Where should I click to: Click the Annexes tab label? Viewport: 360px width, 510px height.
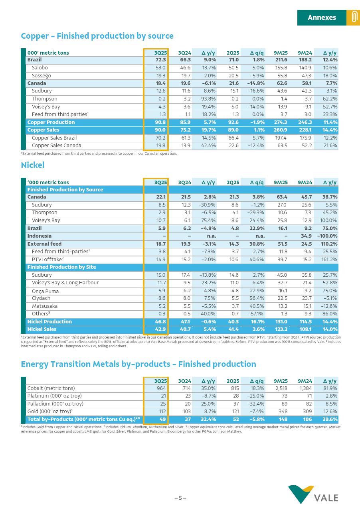[322, 18]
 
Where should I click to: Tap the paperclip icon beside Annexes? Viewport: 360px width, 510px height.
[353, 18]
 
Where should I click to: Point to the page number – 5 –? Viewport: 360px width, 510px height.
[180, 498]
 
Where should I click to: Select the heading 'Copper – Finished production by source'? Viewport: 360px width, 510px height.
[97, 36]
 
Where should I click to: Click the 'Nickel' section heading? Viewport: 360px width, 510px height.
[32, 165]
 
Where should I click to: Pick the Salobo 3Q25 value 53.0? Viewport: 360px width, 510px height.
[160, 68]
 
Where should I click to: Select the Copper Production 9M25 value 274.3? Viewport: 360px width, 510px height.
[281, 122]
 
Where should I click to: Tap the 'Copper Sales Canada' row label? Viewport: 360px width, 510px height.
[56, 146]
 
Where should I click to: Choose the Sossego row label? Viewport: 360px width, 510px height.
[42, 76]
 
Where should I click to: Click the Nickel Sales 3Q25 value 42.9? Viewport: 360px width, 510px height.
[160, 329]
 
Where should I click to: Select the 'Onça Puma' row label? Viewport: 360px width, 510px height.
[45, 291]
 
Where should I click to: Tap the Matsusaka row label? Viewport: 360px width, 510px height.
[45, 306]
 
